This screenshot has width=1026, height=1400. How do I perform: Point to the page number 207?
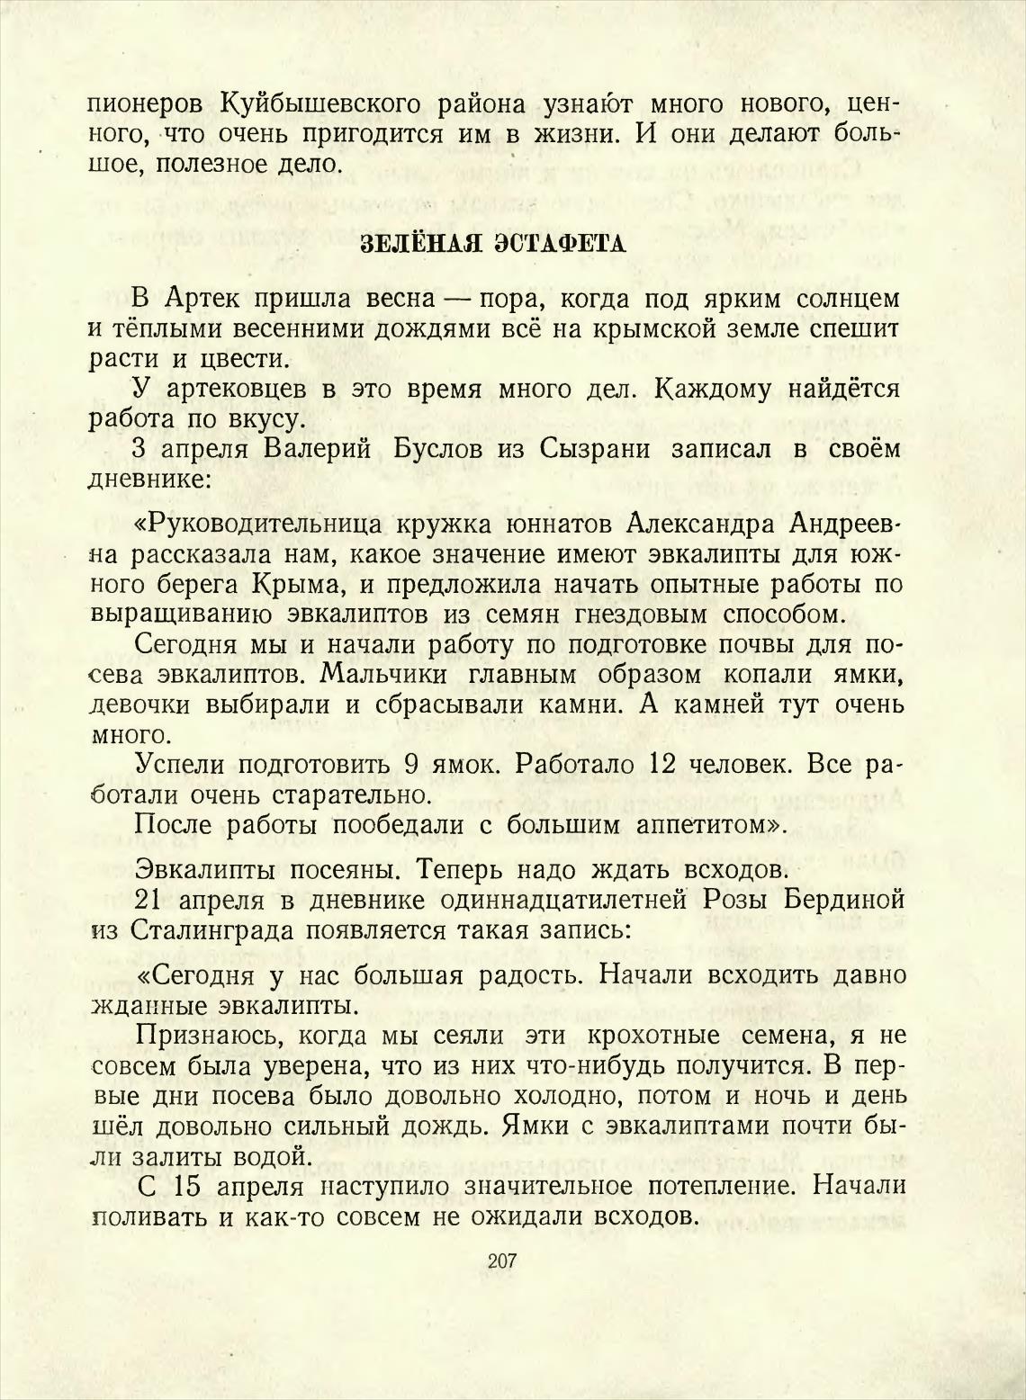pos(501,1261)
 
